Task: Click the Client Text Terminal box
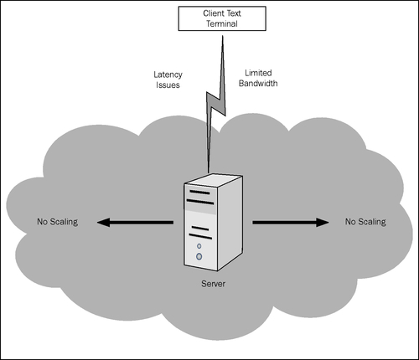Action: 222,18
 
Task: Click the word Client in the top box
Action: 213,13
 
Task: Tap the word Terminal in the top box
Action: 222,23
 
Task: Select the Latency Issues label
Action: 168,80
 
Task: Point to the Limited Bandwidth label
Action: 258,78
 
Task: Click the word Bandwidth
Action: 258,83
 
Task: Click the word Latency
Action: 168,75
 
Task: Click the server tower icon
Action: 213,222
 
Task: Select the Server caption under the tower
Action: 213,284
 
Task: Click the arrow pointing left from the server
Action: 135,223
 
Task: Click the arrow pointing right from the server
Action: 291,223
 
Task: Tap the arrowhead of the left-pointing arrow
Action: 103,223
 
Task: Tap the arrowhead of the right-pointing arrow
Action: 323,223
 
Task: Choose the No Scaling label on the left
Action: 58,222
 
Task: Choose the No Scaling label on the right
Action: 365,222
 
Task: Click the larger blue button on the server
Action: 199,256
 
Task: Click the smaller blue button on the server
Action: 199,246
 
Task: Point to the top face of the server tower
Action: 213,180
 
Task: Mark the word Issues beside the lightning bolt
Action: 168,85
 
